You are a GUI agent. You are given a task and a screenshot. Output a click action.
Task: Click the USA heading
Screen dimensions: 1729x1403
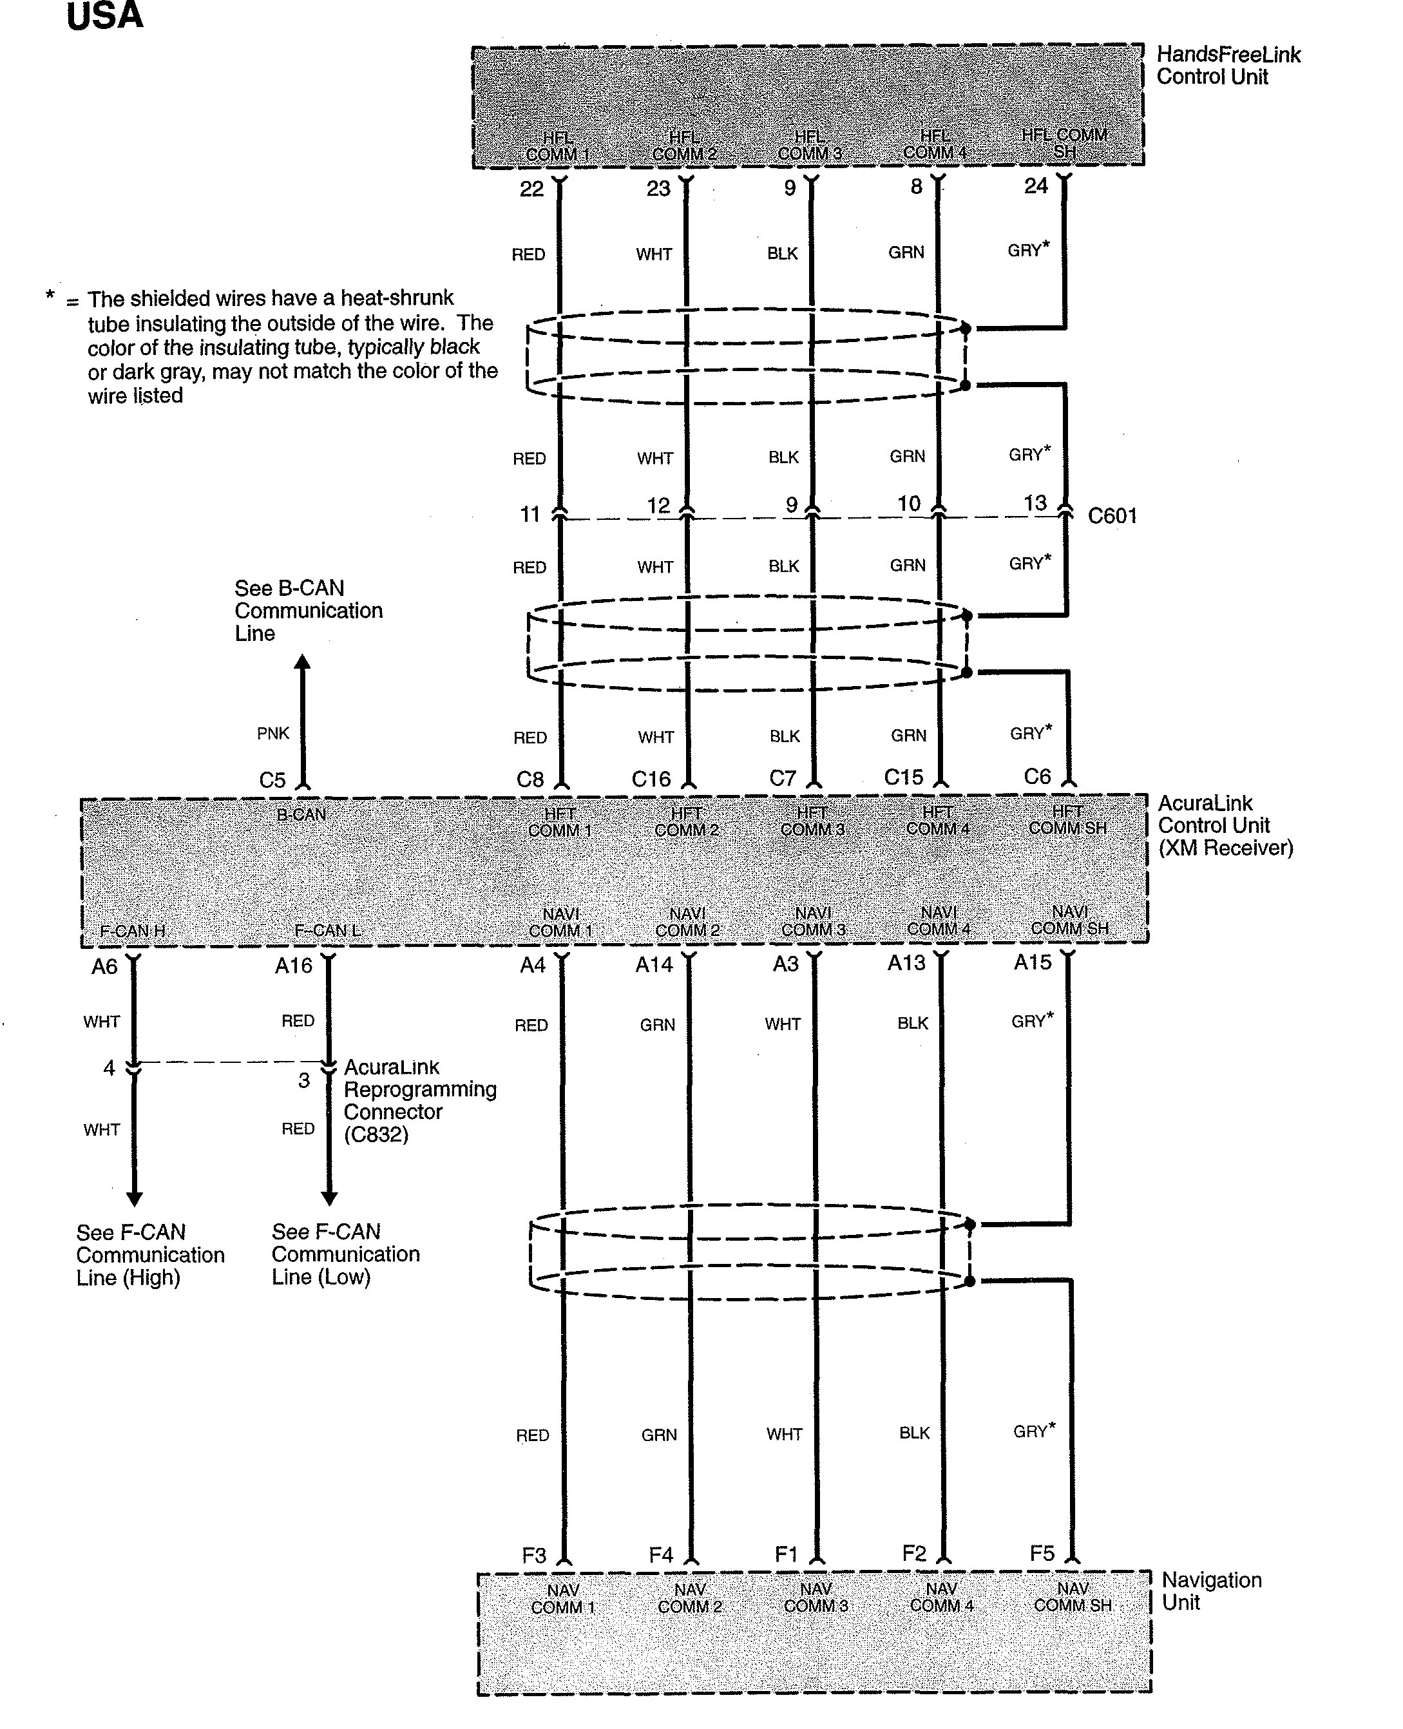[x=104, y=16]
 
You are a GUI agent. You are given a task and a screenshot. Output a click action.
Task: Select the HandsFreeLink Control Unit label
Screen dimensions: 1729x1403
[x=1228, y=66]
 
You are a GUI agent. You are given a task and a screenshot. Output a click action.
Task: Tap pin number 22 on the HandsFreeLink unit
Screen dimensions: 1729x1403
[x=531, y=189]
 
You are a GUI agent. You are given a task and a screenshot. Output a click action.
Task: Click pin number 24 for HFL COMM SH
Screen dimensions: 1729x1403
[x=1035, y=186]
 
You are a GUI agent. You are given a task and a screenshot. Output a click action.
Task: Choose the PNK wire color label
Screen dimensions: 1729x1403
[x=272, y=733]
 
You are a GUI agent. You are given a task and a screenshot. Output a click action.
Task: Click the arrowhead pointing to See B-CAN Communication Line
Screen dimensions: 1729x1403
[x=302, y=663]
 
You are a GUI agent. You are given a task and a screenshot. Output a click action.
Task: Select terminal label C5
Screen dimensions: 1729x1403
[x=272, y=780]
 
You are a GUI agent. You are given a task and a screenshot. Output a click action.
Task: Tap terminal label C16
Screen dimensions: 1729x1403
[x=651, y=779]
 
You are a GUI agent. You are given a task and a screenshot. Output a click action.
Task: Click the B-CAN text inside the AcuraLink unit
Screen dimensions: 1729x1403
[x=301, y=815]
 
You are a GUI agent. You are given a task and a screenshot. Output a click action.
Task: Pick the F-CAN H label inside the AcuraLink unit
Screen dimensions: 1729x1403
[x=133, y=931]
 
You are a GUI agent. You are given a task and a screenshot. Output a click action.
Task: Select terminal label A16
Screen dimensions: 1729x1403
[x=293, y=966]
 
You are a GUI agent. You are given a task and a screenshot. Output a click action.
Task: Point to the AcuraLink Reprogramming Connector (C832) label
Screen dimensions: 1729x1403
[x=419, y=1100]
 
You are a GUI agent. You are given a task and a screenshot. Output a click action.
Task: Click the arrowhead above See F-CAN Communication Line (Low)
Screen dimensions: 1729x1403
[x=329, y=1198]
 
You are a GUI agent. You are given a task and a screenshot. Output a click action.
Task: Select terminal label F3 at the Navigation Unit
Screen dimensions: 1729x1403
[x=534, y=1555]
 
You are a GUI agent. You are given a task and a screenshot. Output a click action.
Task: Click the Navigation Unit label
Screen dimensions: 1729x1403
[x=1210, y=1590]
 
